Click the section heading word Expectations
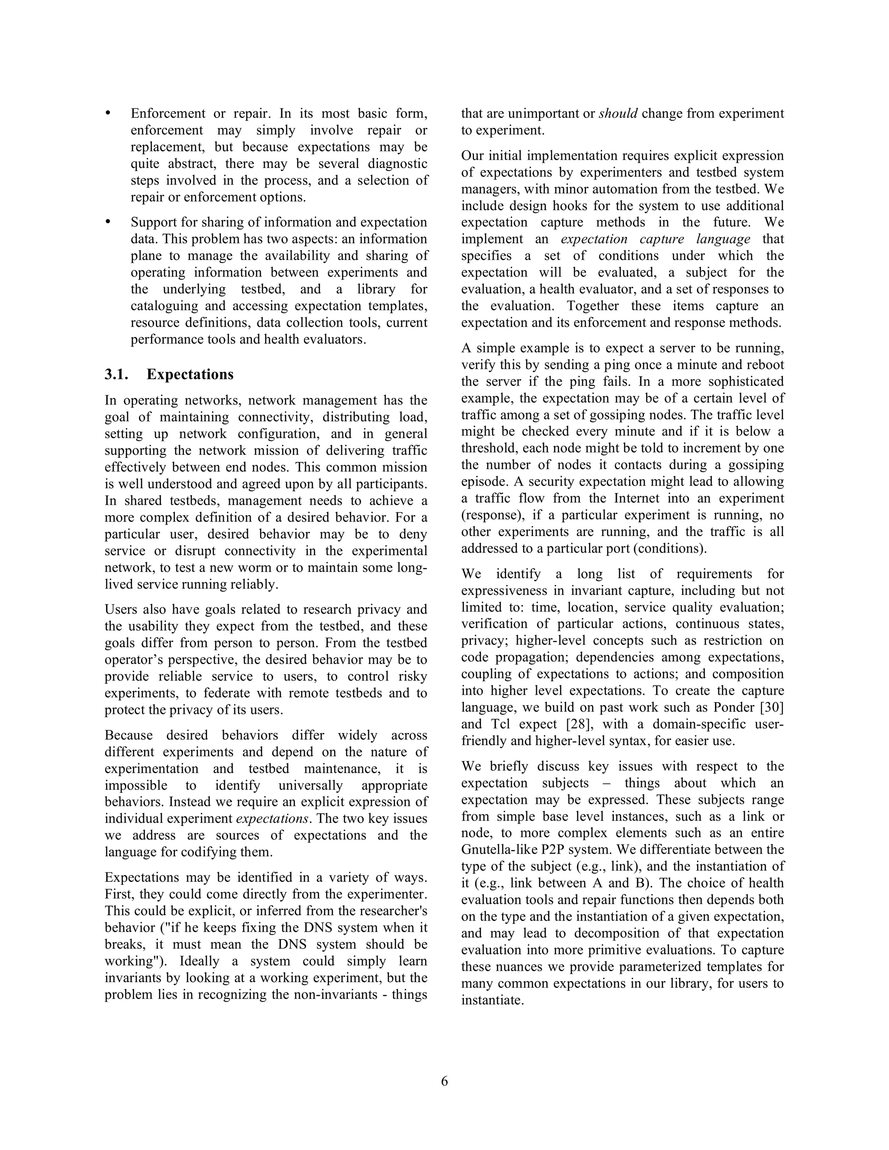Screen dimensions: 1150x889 coord(190,375)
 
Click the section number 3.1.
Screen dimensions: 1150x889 coord(116,375)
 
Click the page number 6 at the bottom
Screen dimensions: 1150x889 coord(444,1081)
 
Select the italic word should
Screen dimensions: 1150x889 coord(618,114)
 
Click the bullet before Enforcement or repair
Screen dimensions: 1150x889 coord(109,114)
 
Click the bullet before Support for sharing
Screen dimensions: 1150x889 coord(109,222)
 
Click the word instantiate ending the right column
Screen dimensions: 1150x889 coord(491,1000)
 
